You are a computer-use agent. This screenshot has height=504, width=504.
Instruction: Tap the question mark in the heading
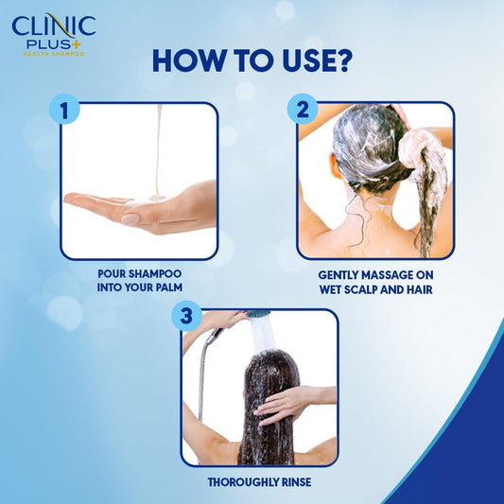(x=343, y=61)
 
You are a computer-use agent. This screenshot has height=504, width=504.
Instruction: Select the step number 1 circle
(x=65, y=110)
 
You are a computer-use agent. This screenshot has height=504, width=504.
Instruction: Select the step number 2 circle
(x=303, y=110)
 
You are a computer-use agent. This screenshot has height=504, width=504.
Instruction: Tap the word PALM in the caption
(x=165, y=288)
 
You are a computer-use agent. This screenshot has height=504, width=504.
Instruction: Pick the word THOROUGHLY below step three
(x=239, y=482)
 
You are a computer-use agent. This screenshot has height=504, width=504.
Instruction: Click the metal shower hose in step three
(x=201, y=378)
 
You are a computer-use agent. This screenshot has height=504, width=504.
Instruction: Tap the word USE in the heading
(x=301, y=61)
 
